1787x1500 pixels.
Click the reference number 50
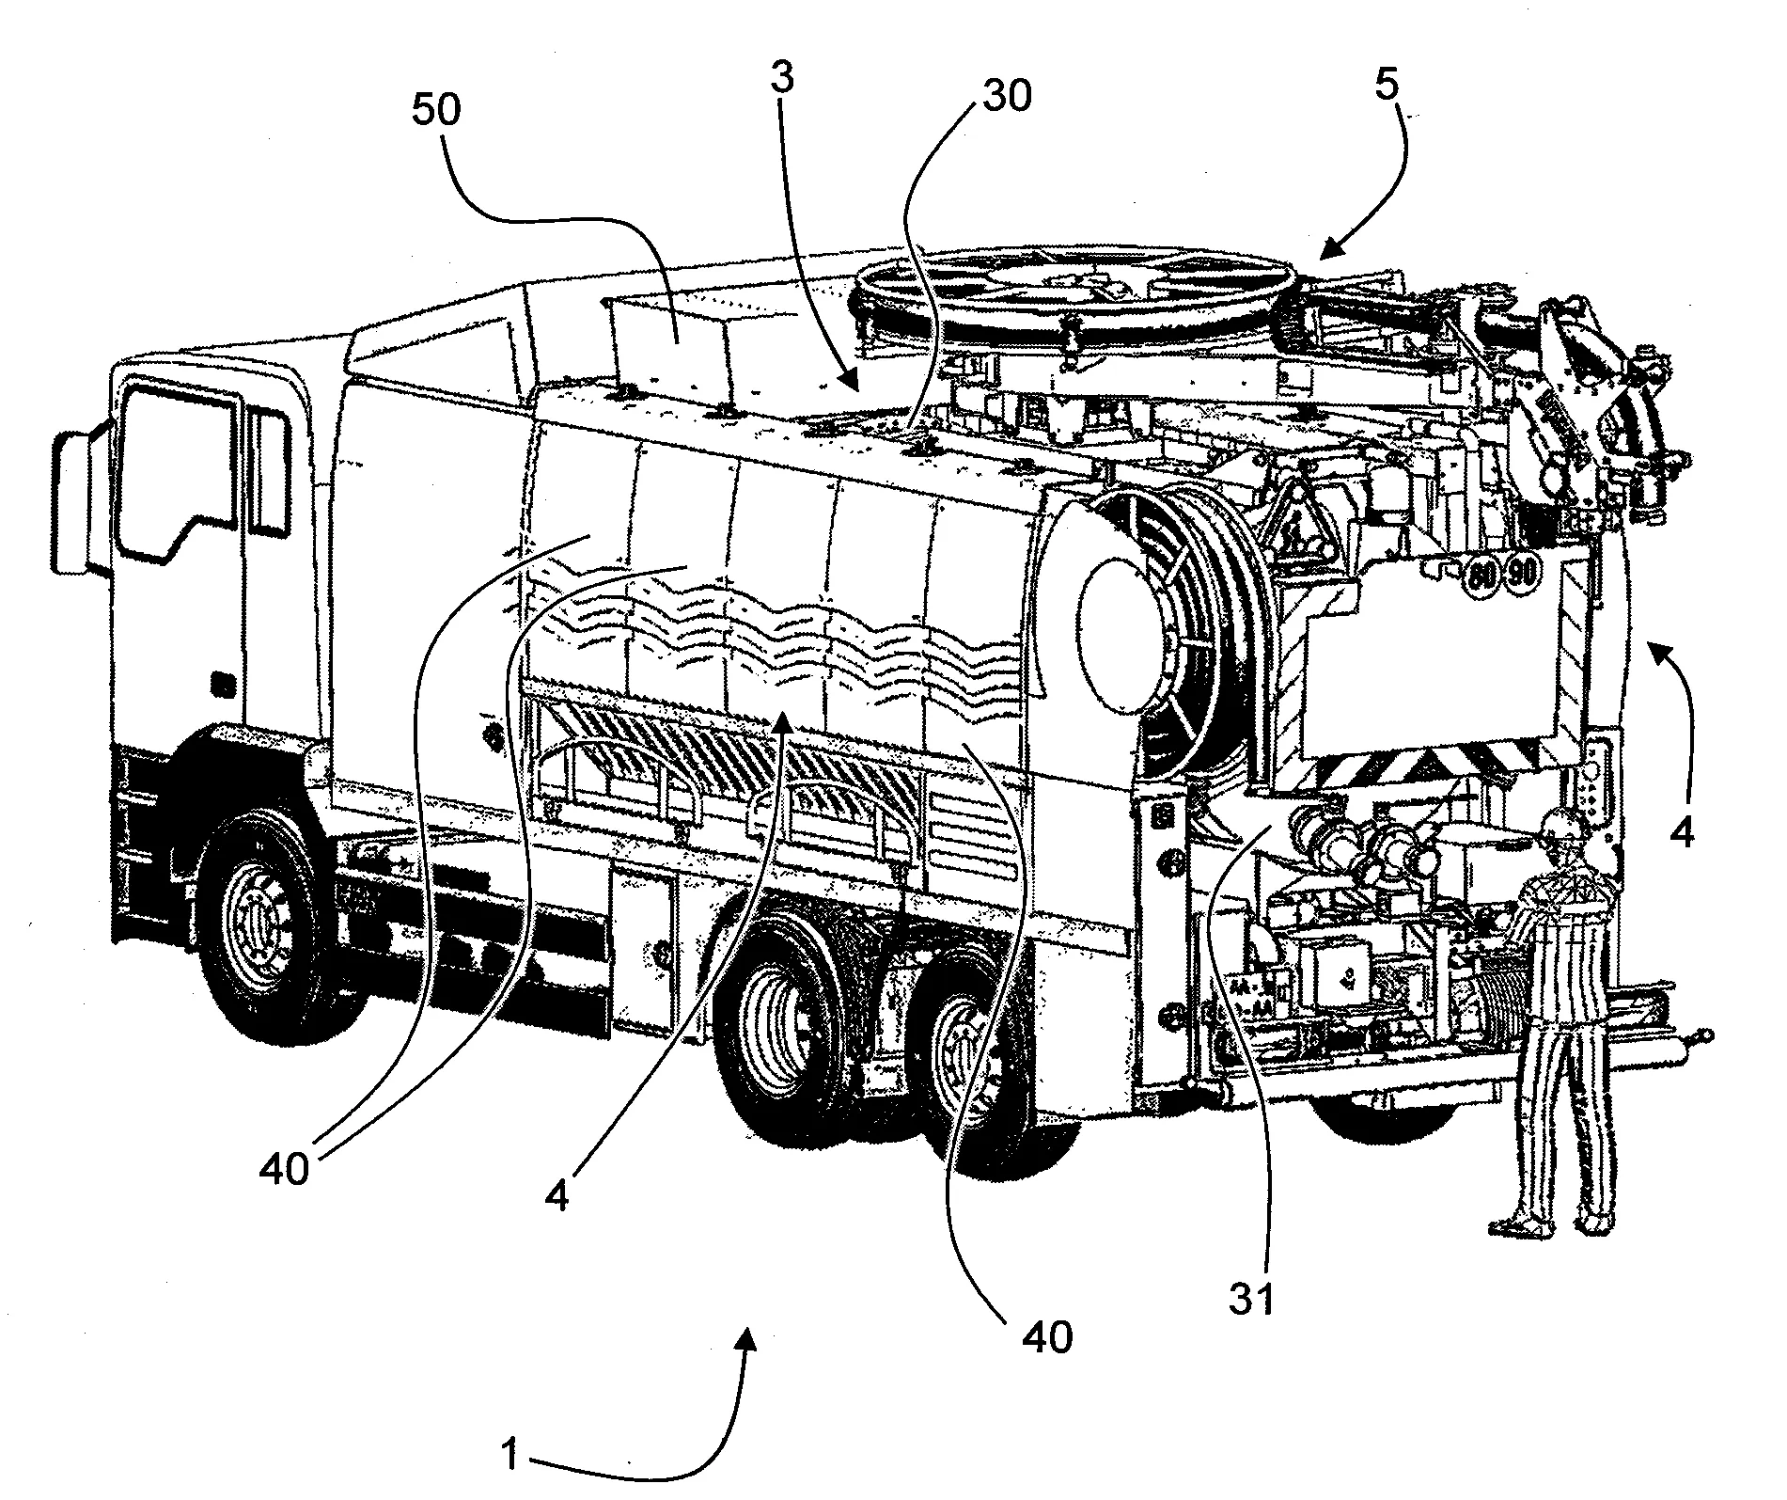(x=437, y=112)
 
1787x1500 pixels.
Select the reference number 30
(x=1006, y=96)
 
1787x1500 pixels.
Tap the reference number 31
(x=1253, y=1299)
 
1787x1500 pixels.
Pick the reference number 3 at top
(x=782, y=80)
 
